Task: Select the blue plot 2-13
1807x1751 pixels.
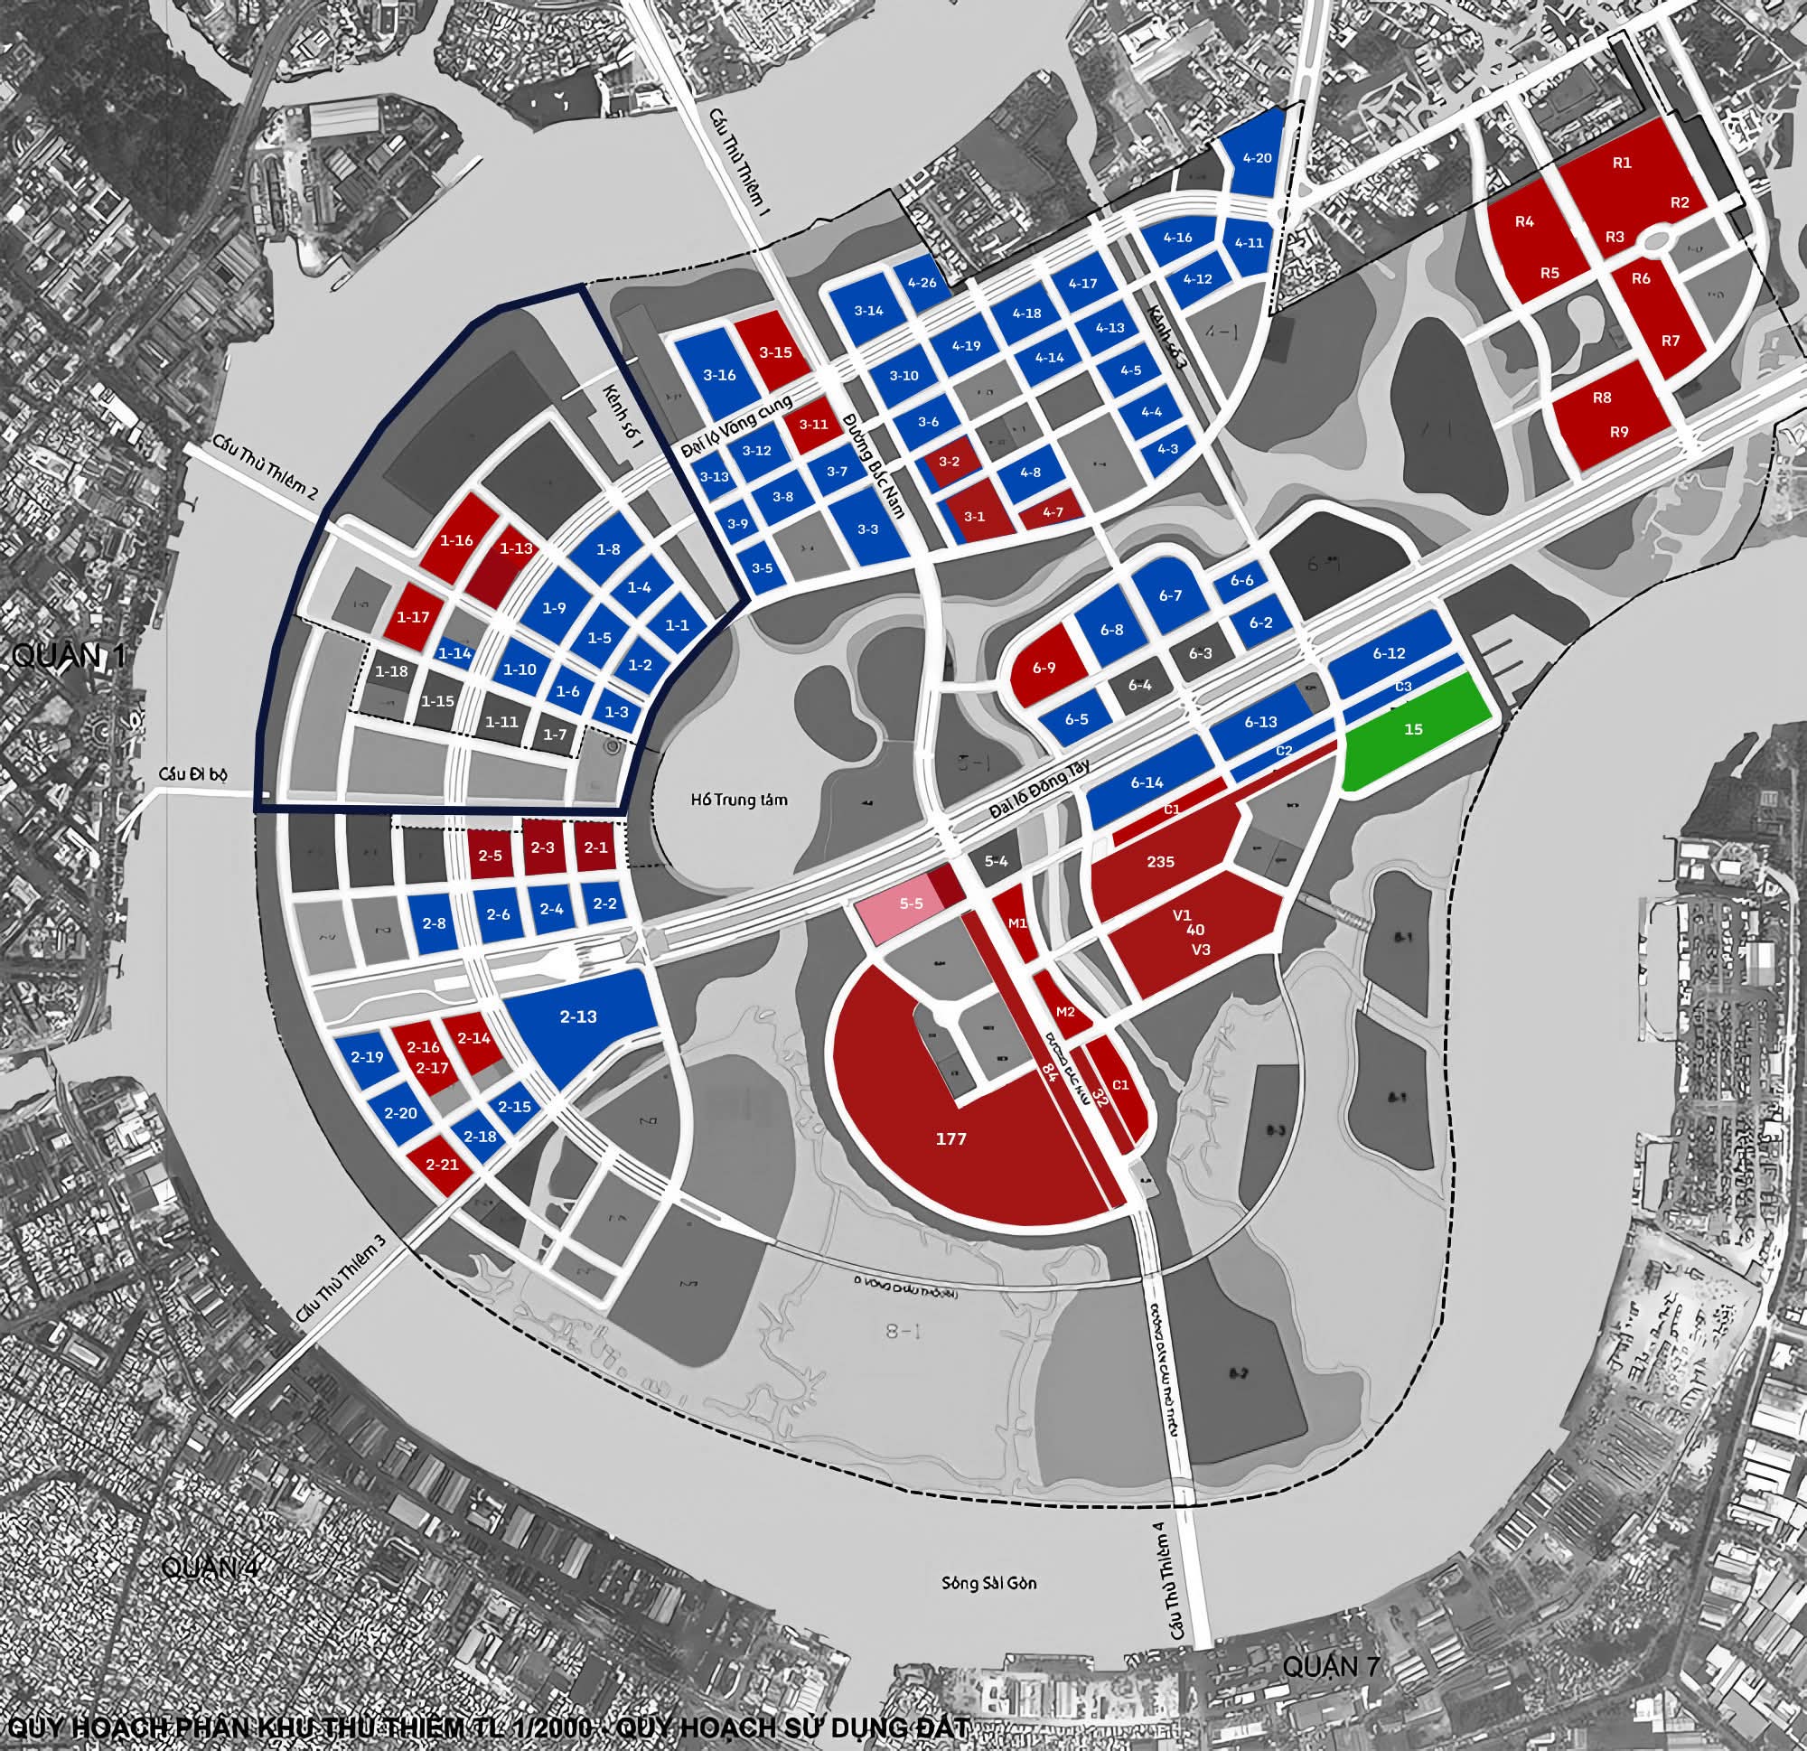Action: tap(579, 1018)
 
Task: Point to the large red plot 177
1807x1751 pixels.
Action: tap(950, 1139)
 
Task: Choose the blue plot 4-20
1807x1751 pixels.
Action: tap(1256, 158)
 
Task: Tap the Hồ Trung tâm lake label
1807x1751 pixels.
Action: tap(738, 799)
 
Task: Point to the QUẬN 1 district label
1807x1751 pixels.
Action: tap(67, 656)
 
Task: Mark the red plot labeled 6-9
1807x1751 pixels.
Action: tap(1044, 668)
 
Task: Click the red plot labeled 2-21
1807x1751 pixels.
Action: tap(443, 1165)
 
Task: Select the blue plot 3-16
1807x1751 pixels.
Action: tap(719, 375)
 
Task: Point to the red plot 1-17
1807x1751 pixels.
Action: tap(412, 617)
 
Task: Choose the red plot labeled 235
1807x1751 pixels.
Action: tap(1160, 861)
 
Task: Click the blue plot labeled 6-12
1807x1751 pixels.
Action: tap(1389, 654)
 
